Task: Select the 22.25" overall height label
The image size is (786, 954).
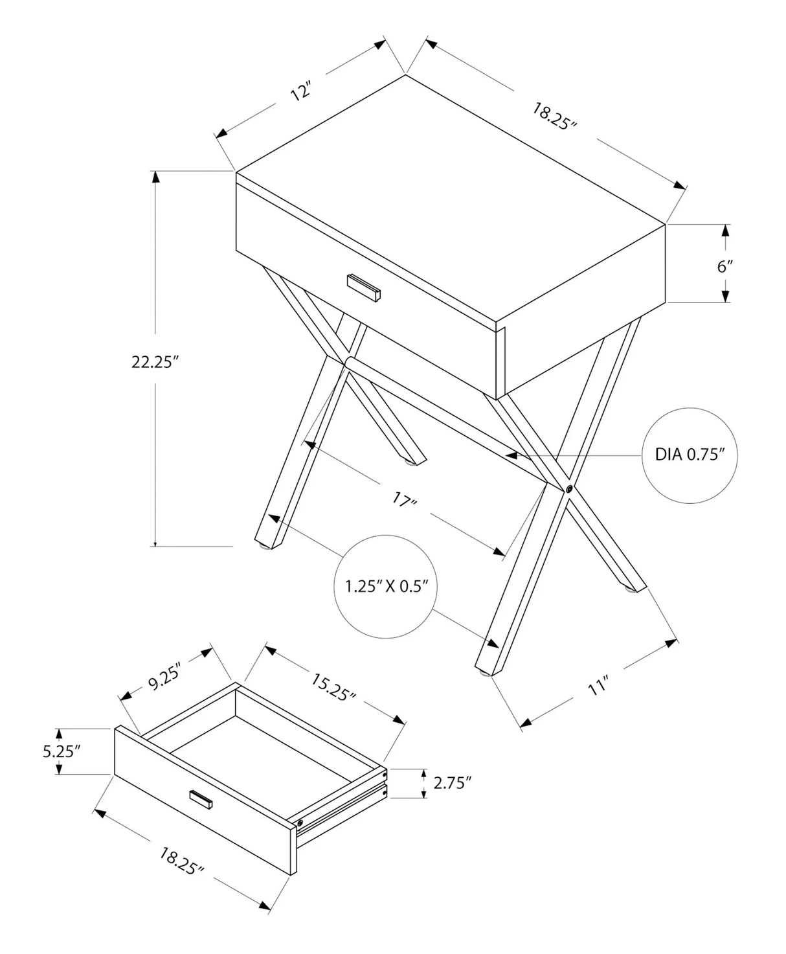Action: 155,363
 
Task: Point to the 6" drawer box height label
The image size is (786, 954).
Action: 724,267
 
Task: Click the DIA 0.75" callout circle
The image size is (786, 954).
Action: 688,455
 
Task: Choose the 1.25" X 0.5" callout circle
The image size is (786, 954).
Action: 387,587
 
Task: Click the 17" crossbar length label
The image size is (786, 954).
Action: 405,499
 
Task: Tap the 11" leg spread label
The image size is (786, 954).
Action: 599,687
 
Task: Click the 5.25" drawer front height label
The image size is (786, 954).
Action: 61,751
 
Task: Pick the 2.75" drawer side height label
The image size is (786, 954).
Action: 451,783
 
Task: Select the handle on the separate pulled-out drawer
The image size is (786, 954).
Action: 201,799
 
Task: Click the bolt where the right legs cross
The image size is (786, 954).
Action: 568,489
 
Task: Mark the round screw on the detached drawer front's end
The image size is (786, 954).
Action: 300,823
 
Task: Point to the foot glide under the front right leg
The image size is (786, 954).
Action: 484,674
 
